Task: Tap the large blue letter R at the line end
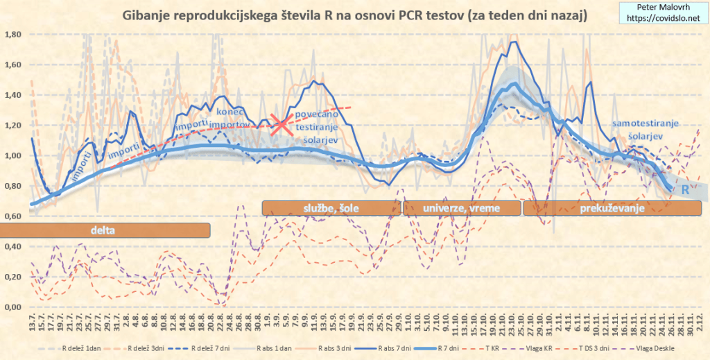685,189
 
